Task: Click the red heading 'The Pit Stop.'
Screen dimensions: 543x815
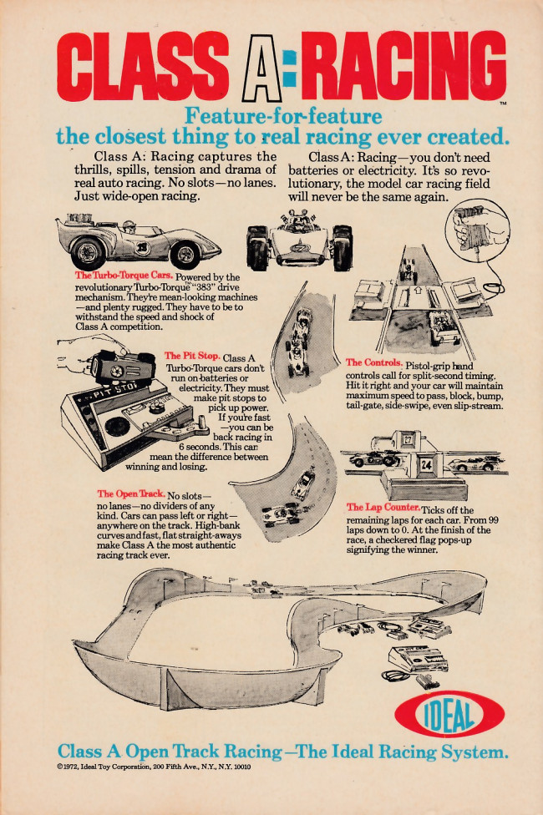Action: pos(192,356)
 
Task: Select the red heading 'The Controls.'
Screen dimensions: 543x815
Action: pos(374,362)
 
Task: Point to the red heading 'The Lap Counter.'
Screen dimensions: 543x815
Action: pos(383,508)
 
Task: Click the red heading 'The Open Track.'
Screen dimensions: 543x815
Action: pos(131,494)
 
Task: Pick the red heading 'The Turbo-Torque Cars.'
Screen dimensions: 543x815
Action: pos(124,276)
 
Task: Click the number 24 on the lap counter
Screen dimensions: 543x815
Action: pos(427,464)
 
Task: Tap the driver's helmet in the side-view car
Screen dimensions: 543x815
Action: pos(129,226)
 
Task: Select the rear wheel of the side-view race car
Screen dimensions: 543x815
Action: pos(89,252)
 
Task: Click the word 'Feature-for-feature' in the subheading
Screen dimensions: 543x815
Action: pos(283,115)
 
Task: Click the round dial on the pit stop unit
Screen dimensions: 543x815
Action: pos(117,427)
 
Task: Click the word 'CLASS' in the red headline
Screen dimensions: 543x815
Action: pos(143,67)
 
